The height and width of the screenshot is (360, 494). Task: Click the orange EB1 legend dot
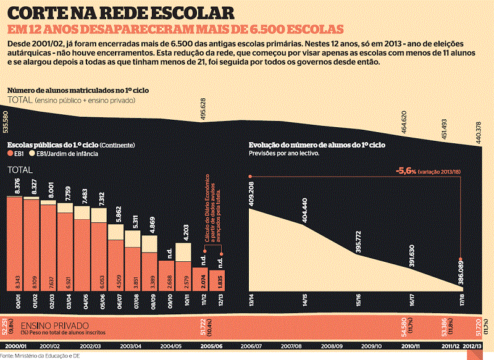10,153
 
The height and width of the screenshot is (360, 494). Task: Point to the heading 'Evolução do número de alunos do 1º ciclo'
317,144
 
